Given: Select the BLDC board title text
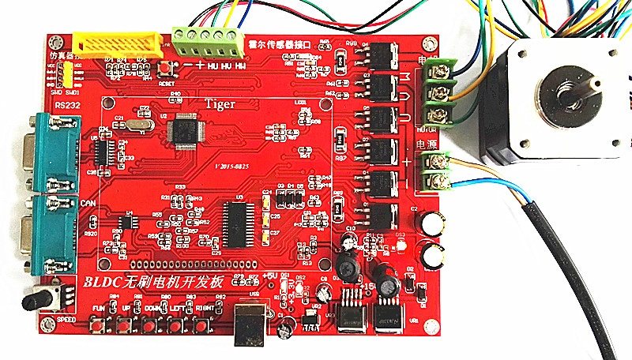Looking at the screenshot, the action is (x=154, y=282).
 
